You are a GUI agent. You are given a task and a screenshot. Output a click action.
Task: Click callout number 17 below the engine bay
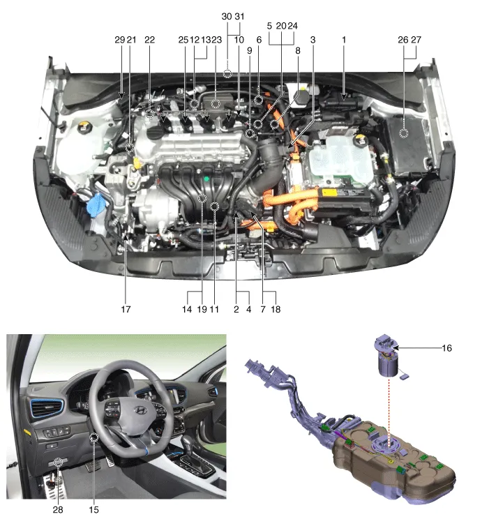(x=126, y=309)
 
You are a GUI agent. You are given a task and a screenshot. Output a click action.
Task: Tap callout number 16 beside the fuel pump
(x=446, y=348)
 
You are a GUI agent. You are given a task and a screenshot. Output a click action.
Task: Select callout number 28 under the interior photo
(x=58, y=509)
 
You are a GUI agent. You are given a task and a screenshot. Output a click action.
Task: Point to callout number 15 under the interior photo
(x=93, y=509)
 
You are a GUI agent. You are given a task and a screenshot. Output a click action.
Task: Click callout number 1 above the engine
(x=344, y=40)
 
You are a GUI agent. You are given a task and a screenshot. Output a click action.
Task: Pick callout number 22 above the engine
(x=149, y=40)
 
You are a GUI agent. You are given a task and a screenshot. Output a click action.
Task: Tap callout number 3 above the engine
(x=313, y=40)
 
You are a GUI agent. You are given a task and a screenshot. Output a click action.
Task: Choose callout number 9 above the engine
(x=249, y=50)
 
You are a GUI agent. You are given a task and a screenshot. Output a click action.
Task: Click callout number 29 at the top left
(x=120, y=40)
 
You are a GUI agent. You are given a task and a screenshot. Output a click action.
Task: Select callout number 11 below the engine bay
(x=214, y=309)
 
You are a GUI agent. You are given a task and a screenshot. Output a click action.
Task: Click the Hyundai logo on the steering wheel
(x=140, y=409)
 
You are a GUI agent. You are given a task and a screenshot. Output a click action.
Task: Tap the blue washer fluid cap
(x=96, y=204)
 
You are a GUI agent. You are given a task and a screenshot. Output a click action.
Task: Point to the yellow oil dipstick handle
(x=137, y=163)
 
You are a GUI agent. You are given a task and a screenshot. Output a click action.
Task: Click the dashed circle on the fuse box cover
(x=404, y=133)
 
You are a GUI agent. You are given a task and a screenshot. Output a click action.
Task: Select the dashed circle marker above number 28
(x=59, y=462)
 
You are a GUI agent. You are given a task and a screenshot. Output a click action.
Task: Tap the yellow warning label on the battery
(x=329, y=193)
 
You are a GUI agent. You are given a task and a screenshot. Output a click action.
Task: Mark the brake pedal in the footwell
(x=93, y=465)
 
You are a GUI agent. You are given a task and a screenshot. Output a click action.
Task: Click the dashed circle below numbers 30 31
(x=227, y=73)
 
